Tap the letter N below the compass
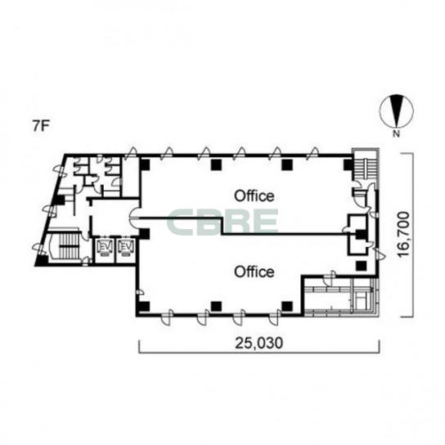[397, 133]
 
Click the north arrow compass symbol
[397, 111]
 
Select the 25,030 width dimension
[258, 343]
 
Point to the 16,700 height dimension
[404, 235]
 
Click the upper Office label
[254, 196]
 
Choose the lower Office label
[254, 272]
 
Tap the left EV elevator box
[105, 249]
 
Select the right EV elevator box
[125, 249]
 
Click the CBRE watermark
[222, 222]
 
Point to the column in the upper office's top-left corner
[145, 164]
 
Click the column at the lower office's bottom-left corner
[143, 307]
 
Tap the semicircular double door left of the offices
[134, 218]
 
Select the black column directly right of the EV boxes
[145, 234]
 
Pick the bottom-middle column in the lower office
[216, 306]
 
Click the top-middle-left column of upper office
[216, 164]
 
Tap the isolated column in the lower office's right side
[362, 266]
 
